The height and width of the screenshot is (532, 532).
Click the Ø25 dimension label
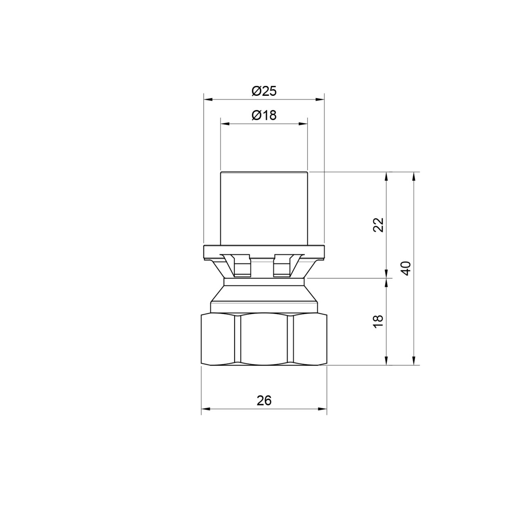pyautogui.click(x=264, y=91)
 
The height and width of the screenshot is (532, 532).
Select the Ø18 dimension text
pyautogui.click(x=264, y=115)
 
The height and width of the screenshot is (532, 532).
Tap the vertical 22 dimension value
pyautogui.click(x=379, y=225)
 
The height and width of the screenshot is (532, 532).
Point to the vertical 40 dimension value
pyautogui.click(x=406, y=268)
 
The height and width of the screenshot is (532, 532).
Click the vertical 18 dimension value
pyautogui.click(x=379, y=321)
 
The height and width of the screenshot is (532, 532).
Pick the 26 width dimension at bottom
pyautogui.click(x=264, y=401)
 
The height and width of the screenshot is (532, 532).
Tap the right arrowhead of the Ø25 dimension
pyautogui.click(x=320, y=99)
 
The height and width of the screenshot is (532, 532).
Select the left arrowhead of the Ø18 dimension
pyautogui.click(x=225, y=124)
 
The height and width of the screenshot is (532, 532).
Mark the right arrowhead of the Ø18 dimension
pyautogui.click(x=303, y=124)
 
